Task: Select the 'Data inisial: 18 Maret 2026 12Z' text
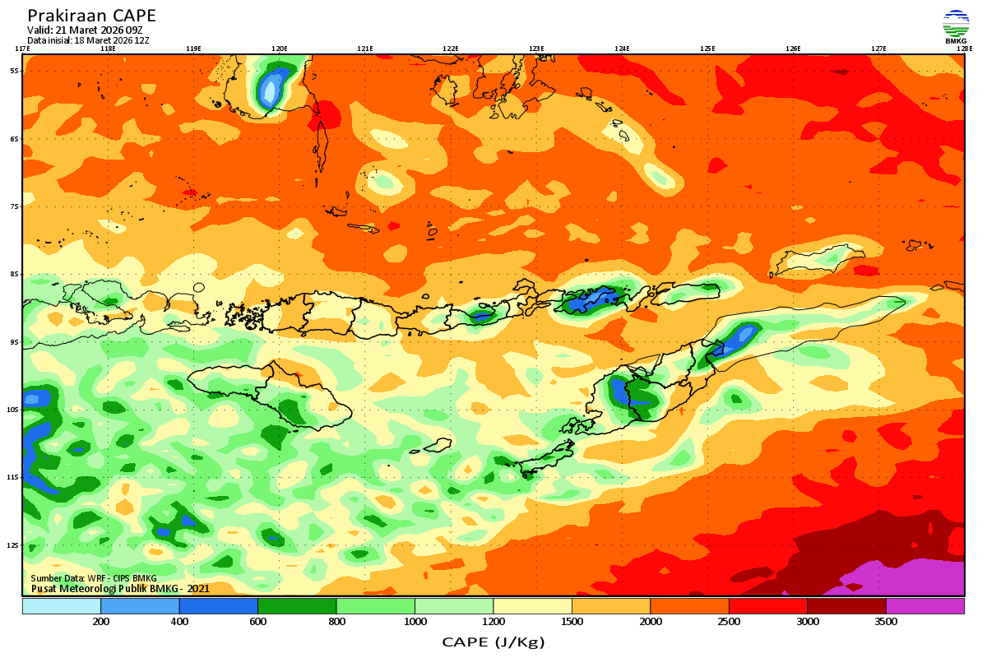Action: [x=88, y=39]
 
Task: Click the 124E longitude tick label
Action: [x=622, y=49]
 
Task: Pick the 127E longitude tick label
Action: [x=878, y=49]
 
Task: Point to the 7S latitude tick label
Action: [x=14, y=206]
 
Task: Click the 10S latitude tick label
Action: [x=12, y=410]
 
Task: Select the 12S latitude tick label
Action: [x=12, y=545]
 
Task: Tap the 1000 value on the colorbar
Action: [x=415, y=622]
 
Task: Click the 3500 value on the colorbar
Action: [x=886, y=622]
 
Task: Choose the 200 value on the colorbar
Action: [x=101, y=622]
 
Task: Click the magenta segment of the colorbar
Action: [x=924, y=606]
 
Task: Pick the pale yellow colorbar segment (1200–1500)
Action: [x=532, y=606]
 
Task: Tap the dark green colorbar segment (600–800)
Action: [x=297, y=606]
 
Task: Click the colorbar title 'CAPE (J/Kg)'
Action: [x=493, y=642]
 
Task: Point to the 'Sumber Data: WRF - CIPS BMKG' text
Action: [x=93, y=578]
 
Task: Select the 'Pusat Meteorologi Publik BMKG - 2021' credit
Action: [x=120, y=588]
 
